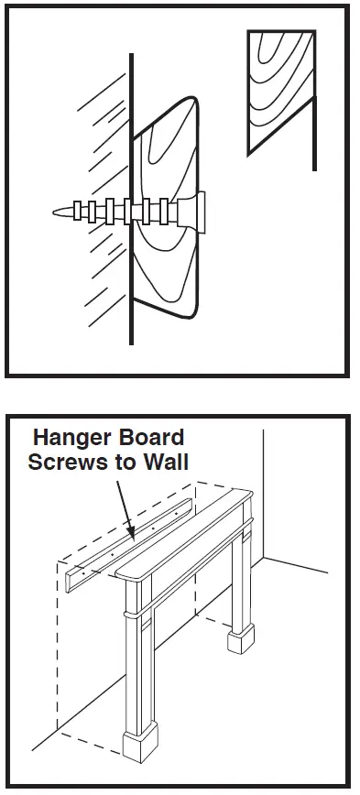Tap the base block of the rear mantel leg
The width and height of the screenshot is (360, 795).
point(241,639)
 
